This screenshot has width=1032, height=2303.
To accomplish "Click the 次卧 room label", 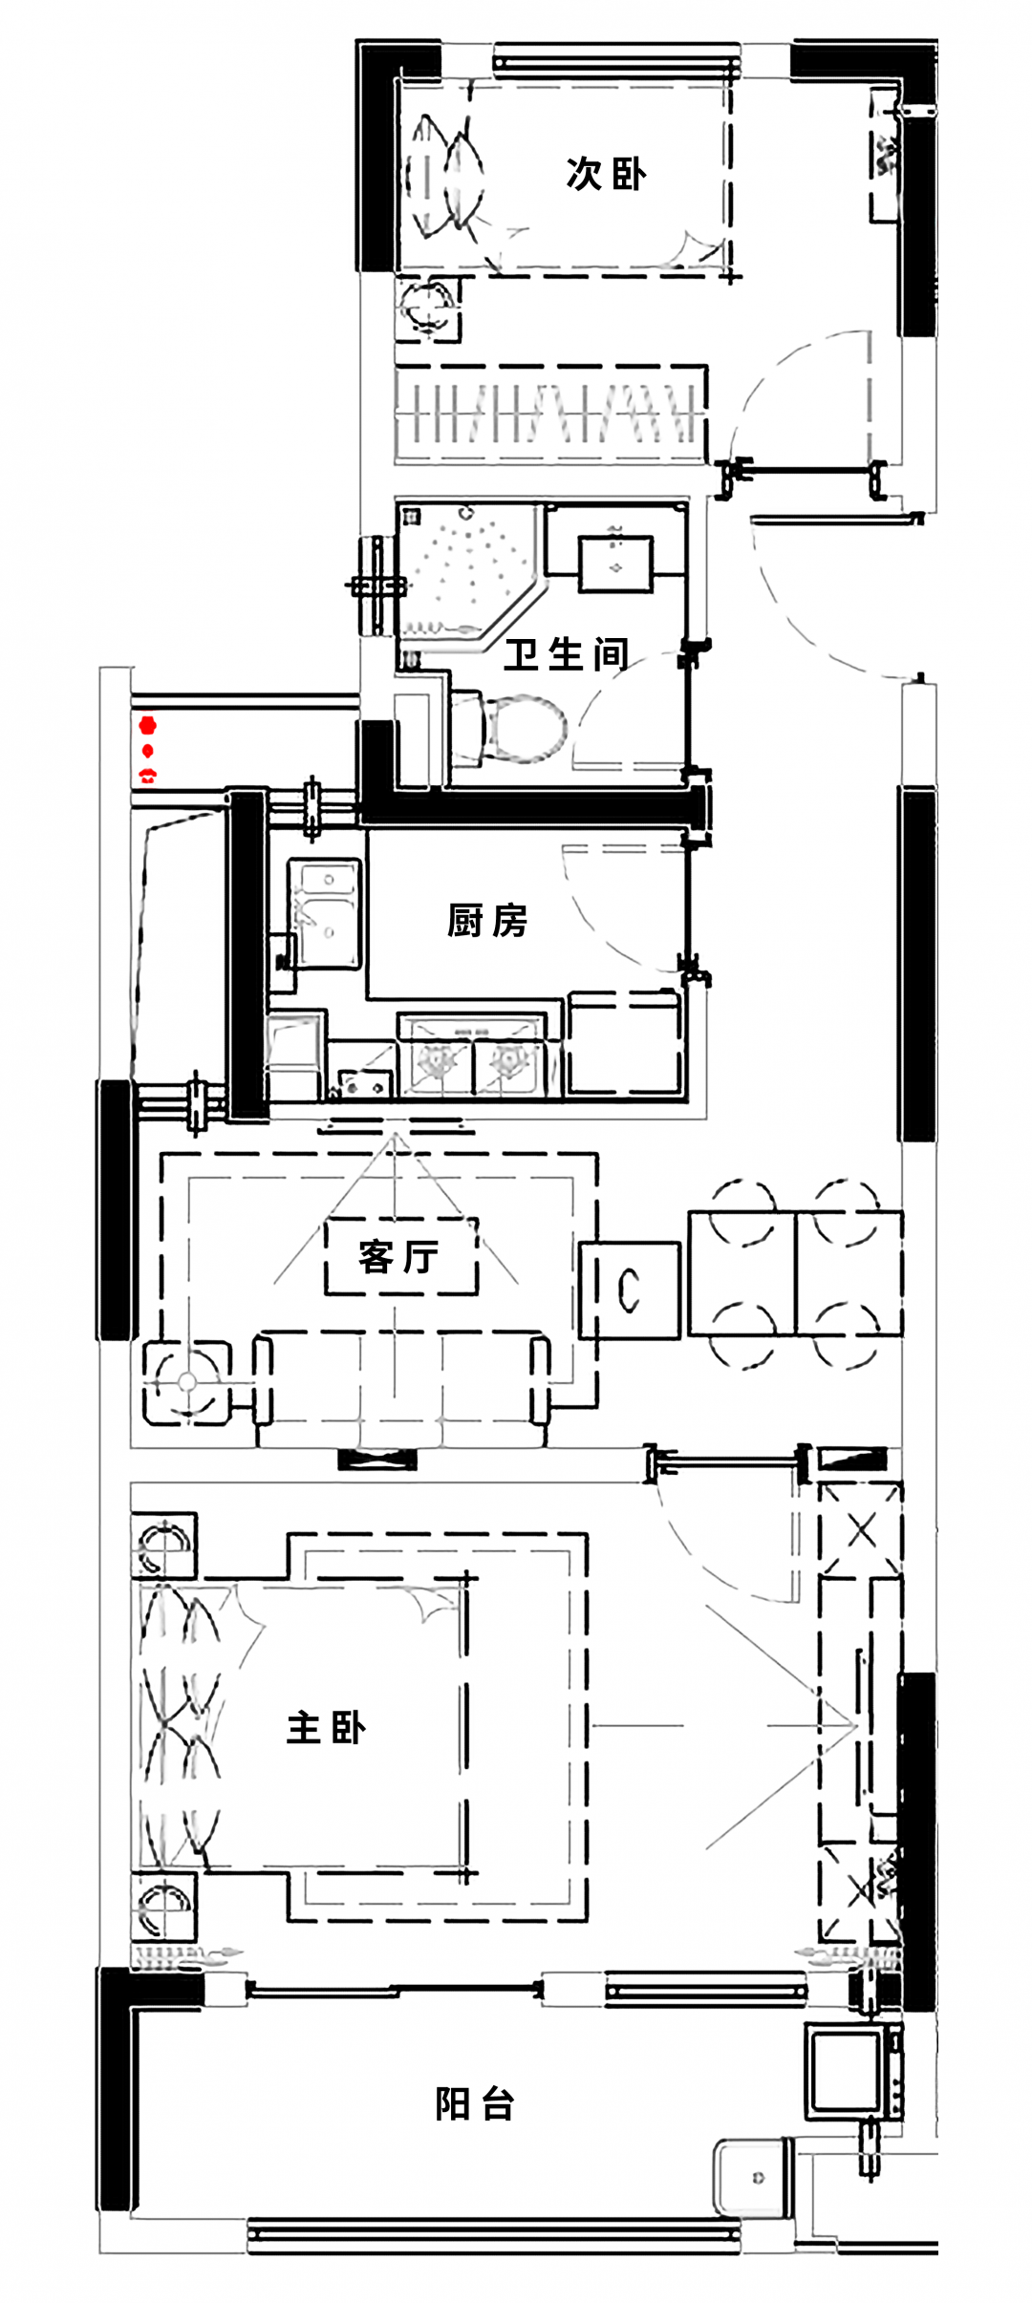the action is pyautogui.click(x=606, y=174).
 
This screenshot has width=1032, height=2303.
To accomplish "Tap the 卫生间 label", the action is pyautogui.click(x=566, y=654).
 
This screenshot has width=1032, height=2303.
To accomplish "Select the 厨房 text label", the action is pyautogui.click(x=487, y=921).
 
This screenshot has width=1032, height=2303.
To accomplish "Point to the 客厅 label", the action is pyautogui.click(x=399, y=1256).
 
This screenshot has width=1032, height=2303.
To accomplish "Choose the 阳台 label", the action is pyautogui.click(x=475, y=2103).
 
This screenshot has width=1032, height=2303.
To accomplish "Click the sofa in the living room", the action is pyautogui.click(x=401, y=1386).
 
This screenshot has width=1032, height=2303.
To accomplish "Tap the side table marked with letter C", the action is pyautogui.click(x=630, y=1290).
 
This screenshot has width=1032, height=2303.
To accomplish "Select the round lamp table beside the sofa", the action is pyautogui.click(x=187, y=1382).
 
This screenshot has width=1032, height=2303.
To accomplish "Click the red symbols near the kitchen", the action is pyautogui.click(x=147, y=750).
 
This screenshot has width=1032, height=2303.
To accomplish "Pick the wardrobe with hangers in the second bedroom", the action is pyautogui.click(x=551, y=414).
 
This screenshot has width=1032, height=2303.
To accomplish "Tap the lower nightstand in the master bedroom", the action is pyautogui.click(x=164, y=1906).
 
